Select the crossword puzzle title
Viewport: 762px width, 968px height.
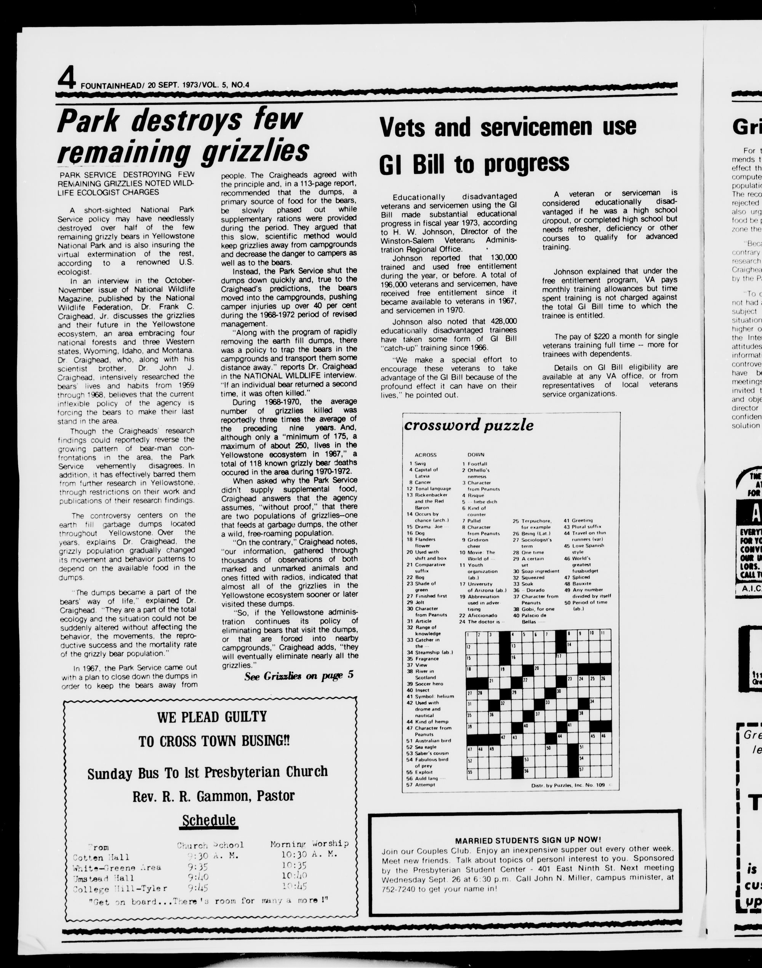[469, 425]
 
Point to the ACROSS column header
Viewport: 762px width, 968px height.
[425, 455]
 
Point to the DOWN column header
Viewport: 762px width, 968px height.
[475, 455]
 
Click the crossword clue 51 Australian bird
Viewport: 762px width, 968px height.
[428, 740]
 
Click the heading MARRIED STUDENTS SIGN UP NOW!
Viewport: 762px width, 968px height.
[528, 839]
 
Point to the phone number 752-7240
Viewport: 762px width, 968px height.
[399, 887]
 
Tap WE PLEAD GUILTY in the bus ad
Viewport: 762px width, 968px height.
[211, 717]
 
